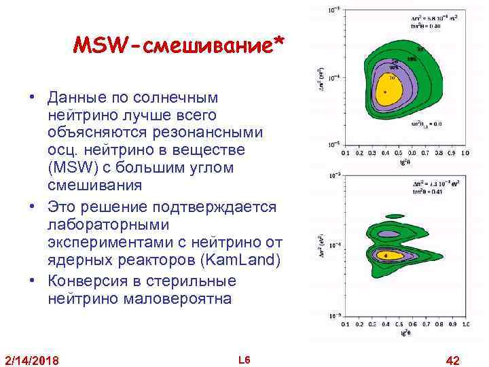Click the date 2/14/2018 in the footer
[31, 360]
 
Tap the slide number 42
[451, 359]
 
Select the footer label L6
[245, 359]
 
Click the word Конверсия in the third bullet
[86, 281]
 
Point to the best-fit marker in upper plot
[386, 92]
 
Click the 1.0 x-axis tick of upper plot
[465, 154]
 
